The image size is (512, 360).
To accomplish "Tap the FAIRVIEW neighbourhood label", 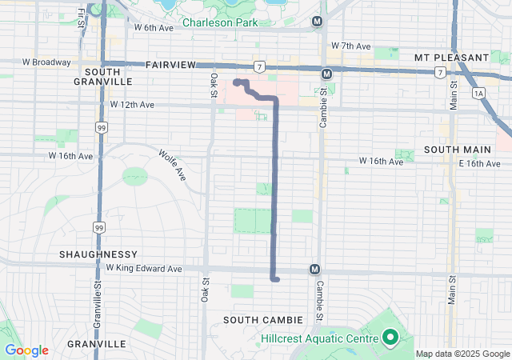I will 170,64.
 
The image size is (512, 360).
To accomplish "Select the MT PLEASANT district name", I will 451,58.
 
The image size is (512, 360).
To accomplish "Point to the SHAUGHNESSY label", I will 94,254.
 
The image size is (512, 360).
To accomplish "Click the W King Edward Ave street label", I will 144,269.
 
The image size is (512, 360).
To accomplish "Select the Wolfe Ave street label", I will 172,165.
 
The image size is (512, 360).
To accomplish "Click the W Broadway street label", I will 48,62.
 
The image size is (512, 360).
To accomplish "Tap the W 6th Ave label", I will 154,27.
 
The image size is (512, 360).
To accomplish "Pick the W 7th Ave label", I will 350,46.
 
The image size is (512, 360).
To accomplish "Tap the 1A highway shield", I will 479,94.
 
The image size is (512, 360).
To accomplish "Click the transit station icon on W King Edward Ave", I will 315,270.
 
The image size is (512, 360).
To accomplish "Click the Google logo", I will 26,350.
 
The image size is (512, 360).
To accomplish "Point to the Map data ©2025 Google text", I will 462,354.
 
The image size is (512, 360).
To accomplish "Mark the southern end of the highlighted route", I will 275,280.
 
